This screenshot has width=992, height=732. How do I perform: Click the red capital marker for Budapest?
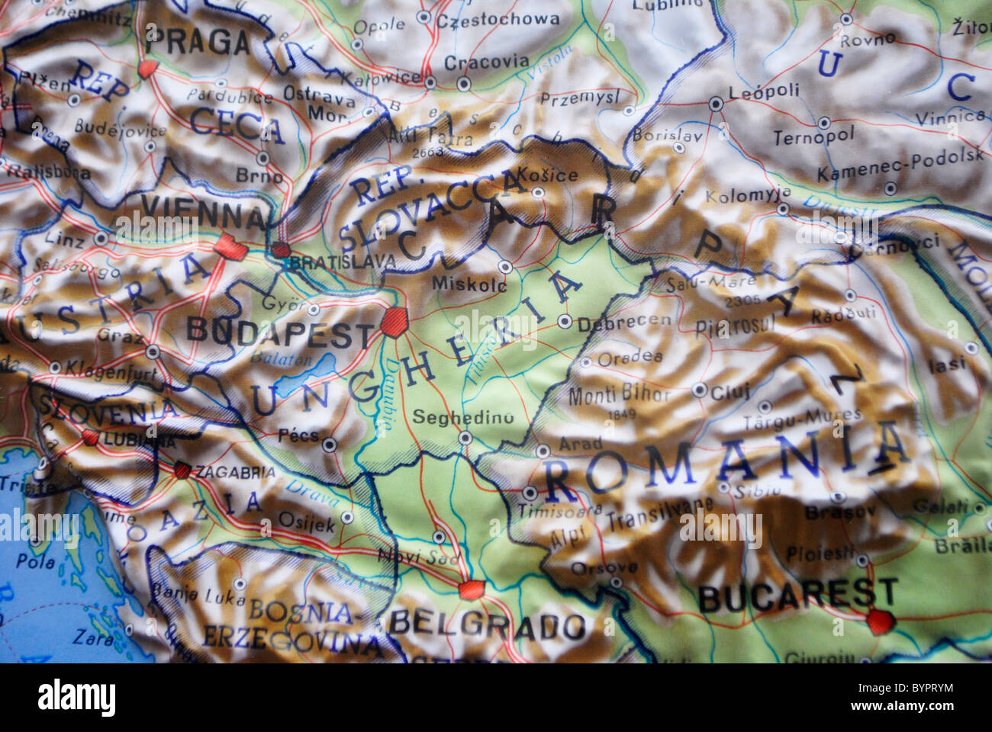(x=395, y=322)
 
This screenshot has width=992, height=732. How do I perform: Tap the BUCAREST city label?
(x=797, y=595)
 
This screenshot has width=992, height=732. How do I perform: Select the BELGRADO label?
(x=487, y=625)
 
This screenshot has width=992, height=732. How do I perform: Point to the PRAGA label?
(x=197, y=43)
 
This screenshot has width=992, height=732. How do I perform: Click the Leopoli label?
(x=764, y=91)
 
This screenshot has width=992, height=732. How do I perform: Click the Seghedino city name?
(x=462, y=417)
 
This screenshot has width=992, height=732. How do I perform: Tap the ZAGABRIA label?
(x=235, y=471)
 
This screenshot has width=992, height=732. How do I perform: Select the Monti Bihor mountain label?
(x=619, y=395)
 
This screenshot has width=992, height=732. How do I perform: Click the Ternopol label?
(x=813, y=137)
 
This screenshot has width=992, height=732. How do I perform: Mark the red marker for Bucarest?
(x=878, y=622)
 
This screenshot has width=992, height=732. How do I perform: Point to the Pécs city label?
(x=298, y=435)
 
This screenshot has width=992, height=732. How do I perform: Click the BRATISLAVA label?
(x=343, y=262)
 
